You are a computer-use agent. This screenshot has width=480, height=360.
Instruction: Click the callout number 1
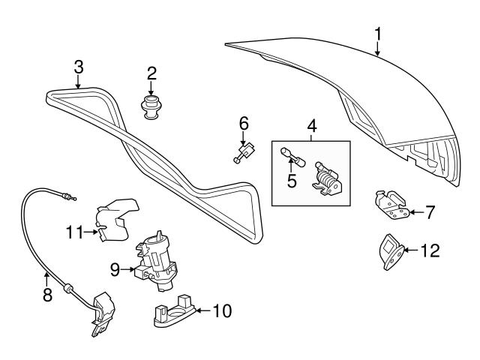point(378,33)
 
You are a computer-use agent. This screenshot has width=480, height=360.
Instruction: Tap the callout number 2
point(151,73)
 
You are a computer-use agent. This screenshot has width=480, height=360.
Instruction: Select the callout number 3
point(79,67)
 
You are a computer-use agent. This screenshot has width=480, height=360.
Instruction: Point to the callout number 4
point(311,127)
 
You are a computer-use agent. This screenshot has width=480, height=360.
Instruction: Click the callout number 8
point(46,295)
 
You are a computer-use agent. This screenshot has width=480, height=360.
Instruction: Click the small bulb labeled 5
point(288,155)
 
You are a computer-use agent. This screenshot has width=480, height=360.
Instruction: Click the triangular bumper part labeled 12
point(388,250)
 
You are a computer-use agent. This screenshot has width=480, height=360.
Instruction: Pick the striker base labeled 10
point(172,311)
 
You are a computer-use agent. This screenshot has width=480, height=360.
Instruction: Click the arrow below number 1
point(378,50)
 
